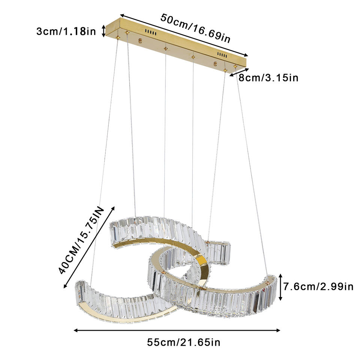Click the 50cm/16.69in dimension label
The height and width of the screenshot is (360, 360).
196,28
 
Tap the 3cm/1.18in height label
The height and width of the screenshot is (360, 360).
66,31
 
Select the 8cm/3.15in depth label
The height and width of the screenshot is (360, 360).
268,78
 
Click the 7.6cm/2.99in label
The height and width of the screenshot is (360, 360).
318,287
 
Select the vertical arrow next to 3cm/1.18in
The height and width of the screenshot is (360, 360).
104,31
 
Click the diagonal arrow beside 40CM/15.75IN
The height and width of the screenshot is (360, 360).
89,246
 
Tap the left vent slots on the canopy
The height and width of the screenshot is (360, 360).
151,33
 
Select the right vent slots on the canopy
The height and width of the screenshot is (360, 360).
222,55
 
